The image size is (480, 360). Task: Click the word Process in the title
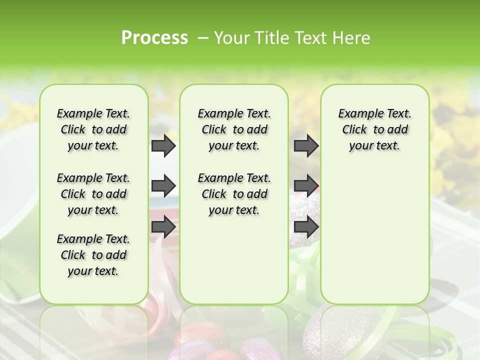154,38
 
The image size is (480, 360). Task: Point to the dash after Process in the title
203,38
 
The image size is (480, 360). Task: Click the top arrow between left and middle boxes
163,145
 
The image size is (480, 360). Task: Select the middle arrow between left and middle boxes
163,186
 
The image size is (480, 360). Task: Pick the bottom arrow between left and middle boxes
163,226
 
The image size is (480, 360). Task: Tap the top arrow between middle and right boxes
306,145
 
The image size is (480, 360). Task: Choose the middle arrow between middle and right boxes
306,186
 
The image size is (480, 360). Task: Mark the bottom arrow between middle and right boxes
306,226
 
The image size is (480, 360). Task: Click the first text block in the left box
93,129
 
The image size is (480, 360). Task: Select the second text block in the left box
93,194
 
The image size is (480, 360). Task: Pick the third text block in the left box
93,255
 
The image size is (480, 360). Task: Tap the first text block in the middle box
234,129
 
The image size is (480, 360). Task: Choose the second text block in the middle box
234,194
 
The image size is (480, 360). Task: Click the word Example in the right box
358,114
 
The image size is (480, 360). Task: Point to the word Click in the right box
354,130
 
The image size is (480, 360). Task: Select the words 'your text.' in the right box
374,146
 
